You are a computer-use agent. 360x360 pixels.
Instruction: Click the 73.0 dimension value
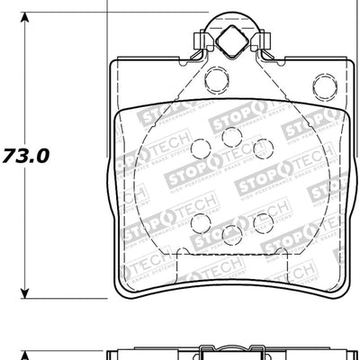click(27, 154)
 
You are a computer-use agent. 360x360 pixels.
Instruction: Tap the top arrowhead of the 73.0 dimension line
click(26, 19)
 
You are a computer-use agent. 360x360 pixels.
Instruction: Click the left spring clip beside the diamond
click(202, 41)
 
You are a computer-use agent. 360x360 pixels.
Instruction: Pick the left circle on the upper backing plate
click(216, 80)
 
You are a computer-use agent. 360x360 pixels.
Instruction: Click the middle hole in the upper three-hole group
click(231, 136)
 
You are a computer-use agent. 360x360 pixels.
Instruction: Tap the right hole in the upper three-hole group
click(262, 147)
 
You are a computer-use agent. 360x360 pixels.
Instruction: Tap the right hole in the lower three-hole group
click(262, 221)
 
